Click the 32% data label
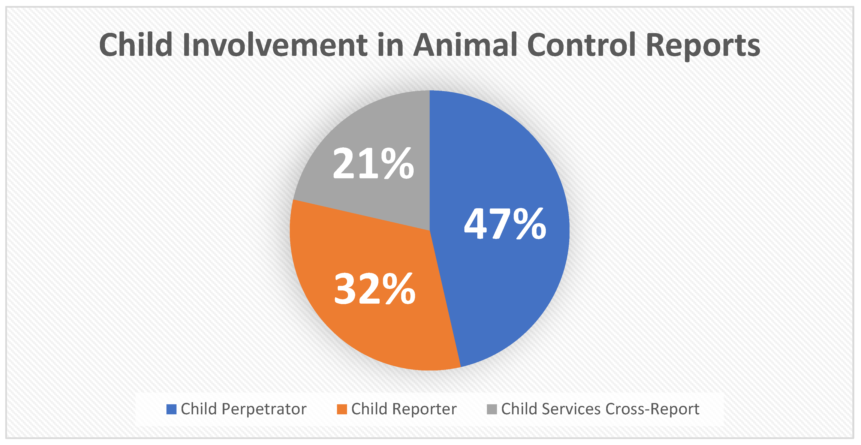[x=375, y=288]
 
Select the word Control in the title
[x=582, y=45]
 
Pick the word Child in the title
[x=136, y=45]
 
